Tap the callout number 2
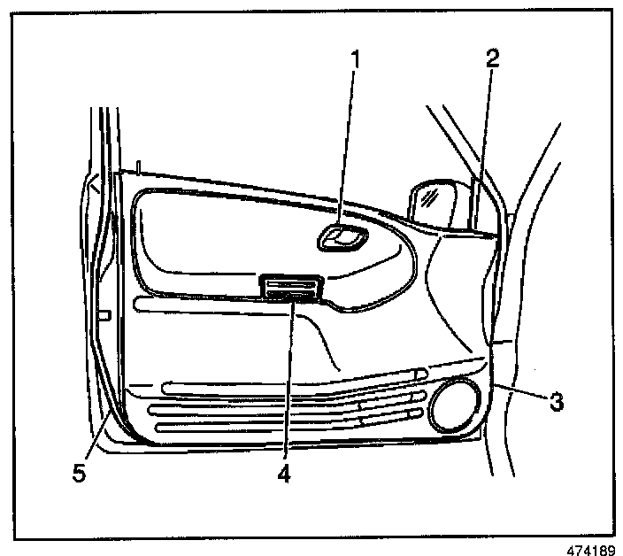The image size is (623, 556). (x=492, y=58)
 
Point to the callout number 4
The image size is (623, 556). (x=283, y=474)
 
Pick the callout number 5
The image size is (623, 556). (x=79, y=474)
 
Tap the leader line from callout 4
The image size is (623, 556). (x=287, y=381)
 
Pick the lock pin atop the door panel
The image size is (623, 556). (x=139, y=166)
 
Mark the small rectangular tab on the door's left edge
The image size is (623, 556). (x=105, y=314)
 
